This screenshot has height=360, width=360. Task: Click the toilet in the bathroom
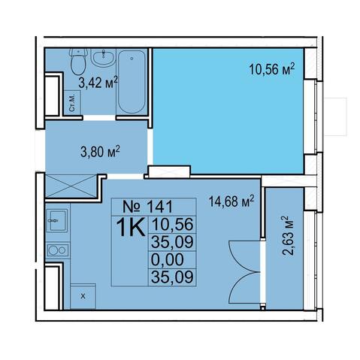79,62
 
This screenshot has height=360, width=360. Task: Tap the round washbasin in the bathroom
103,57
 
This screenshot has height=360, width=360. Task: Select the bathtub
132,82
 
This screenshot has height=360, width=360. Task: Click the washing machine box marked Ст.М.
72,103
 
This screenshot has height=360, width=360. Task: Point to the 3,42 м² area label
98,82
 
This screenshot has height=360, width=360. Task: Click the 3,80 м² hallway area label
100,151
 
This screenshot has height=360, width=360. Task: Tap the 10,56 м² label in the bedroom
271,69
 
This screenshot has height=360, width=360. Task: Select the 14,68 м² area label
231,201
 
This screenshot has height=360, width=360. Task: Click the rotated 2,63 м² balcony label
287,236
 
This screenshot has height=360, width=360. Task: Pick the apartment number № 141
147,207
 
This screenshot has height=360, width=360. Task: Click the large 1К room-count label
131,227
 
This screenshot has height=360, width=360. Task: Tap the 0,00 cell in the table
167,259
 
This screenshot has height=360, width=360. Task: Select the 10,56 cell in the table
172,224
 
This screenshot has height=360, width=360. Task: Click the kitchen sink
57,220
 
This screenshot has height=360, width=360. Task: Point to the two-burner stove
58,250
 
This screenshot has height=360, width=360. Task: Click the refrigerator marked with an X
83,296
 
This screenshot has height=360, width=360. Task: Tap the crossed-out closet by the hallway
71,186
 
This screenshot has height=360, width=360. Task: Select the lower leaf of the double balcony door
244,288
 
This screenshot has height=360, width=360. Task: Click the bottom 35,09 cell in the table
172,277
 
